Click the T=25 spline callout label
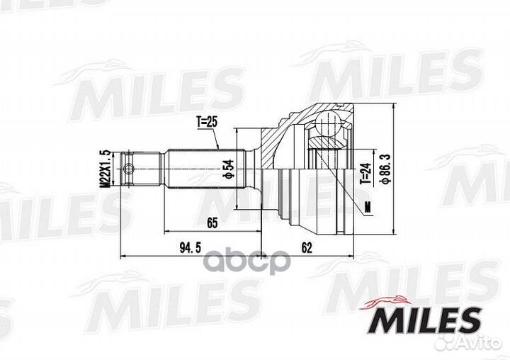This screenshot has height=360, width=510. click(205, 122)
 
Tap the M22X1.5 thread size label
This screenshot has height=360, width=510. click(106, 169)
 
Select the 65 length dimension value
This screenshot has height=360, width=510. click(212, 223)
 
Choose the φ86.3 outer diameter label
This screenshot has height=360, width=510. click(385, 168)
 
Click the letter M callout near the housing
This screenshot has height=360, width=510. click(367, 207)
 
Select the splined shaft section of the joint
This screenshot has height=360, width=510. click(205, 169)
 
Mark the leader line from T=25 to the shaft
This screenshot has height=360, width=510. click(216, 139)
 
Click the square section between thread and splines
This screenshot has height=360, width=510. click(150, 169)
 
